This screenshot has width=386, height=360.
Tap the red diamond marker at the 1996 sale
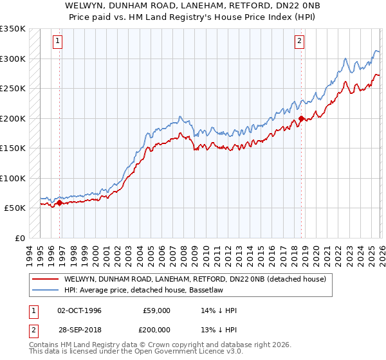pyautogui.click(x=60, y=203)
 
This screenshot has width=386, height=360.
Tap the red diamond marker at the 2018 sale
pyautogui.click(x=302, y=118)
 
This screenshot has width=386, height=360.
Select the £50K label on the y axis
pyautogui.click(x=15, y=208)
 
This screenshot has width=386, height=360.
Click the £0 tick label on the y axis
pyautogui.click(x=20, y=239)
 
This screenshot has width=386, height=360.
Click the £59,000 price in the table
pyautogui.click(x=156, y=310)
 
